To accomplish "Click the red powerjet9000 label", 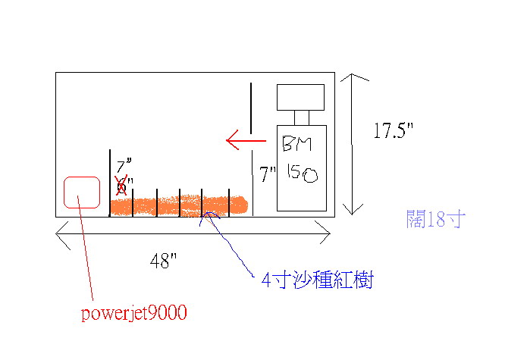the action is point(133,313).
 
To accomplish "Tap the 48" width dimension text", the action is point(163,261).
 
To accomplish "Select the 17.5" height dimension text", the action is point(393,130).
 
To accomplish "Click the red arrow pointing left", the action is point(246,140).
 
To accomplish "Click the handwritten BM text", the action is point(297,143).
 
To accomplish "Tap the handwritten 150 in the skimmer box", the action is point(303,174).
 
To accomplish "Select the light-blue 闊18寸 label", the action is point(436,219).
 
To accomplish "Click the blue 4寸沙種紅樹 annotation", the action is point(317,280).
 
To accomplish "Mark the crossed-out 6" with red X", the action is point(122,185).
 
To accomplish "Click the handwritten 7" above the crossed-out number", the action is point(124,165).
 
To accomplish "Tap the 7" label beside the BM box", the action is point(268,174).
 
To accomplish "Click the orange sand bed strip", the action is point(179,205).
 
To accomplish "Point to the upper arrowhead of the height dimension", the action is point(352,75).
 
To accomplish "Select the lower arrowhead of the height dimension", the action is point(352,214).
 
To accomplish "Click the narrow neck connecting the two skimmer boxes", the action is point(302,118).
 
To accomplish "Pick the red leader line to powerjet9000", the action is point(85,248).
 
